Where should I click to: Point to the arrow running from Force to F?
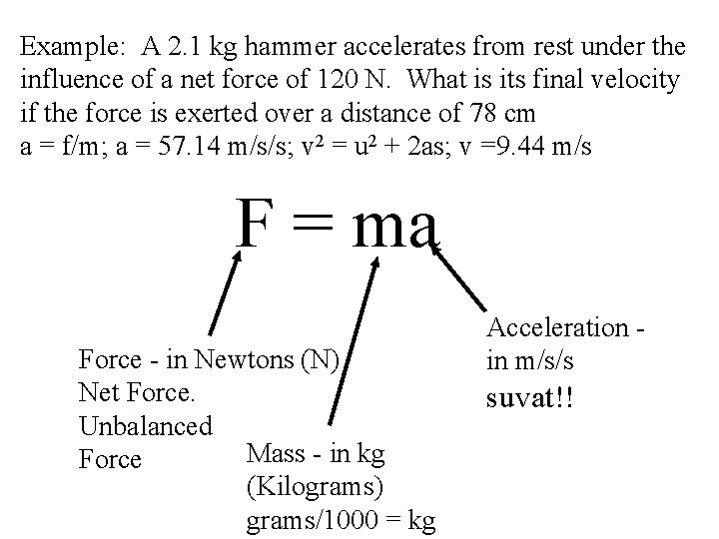click(x=224, y=291)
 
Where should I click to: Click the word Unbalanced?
click(x=146, y=426)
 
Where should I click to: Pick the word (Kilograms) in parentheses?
click(x=314, y=488)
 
